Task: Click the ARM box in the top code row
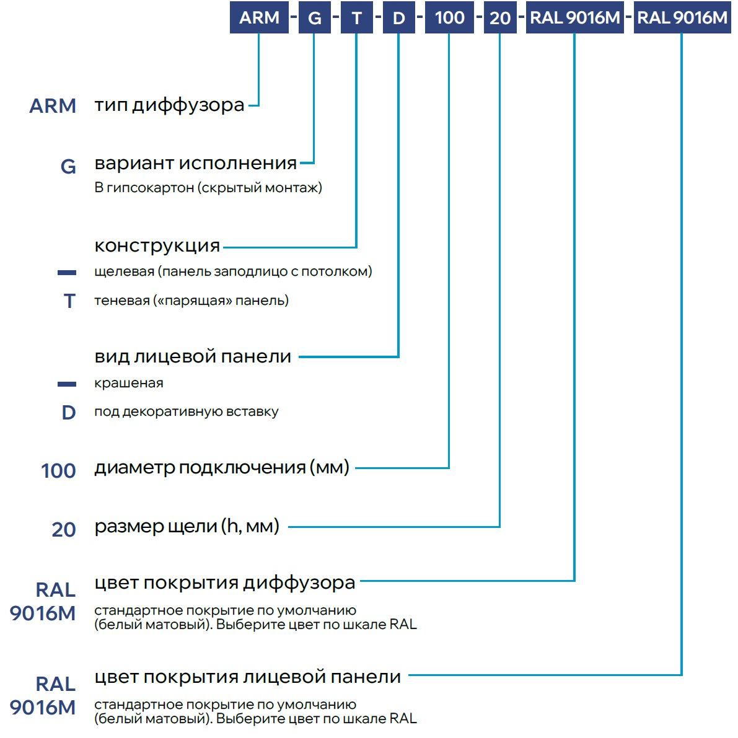pos(259,17)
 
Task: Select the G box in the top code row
pos(314,17)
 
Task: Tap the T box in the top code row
pos(357,17)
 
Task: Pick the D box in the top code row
pos(398,17)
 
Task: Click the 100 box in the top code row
pos(449,17)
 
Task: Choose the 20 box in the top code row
pos(500,17)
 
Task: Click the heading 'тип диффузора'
pos(169,105)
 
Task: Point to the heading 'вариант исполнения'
pos(196,164)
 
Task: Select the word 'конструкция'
pos(157,246)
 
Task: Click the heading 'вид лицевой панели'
pos(193,357)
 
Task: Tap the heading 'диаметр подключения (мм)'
pos(222,468)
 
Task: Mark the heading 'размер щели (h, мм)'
pos(187,526)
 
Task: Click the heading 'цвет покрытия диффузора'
pos(224,583)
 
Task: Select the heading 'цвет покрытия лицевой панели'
pos(248,677)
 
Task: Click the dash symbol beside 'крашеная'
pos(67,384)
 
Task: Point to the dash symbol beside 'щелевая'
pos(67,273)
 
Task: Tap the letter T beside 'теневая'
pos(69,301)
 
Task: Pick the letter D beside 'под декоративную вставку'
pos(69,412)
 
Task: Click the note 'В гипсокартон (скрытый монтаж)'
pos(208,188)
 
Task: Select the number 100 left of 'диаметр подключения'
pos(58,471)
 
